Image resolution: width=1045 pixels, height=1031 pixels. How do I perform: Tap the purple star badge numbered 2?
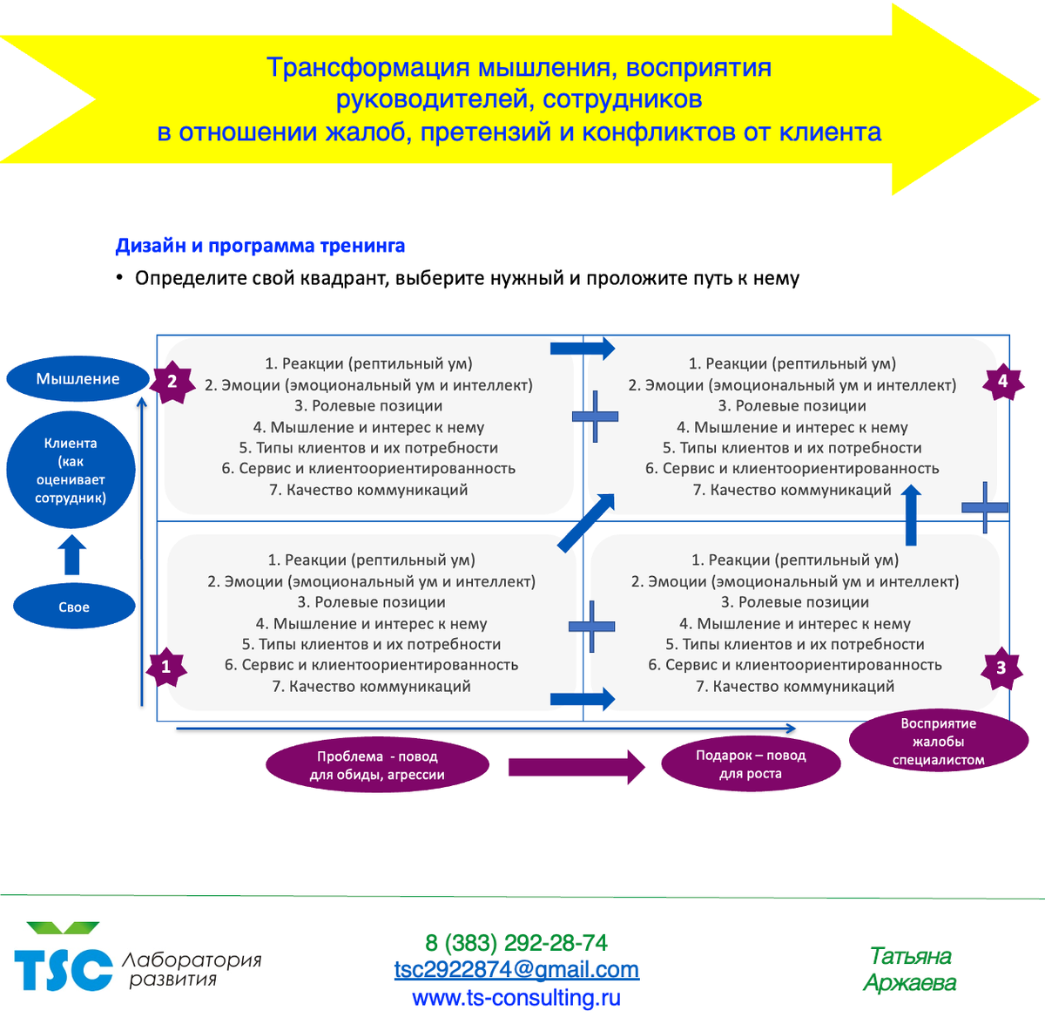point(172,381)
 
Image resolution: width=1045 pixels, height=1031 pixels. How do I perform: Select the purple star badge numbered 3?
point(1001,668)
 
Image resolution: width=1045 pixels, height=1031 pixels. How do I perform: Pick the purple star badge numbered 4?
point(1002,381)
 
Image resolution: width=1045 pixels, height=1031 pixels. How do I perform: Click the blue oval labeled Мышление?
point(78,379)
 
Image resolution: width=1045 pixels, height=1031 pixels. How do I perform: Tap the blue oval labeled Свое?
point(74,607)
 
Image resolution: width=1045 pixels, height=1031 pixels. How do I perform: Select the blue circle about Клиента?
point(71,470)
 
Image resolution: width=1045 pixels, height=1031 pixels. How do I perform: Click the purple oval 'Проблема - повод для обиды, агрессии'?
point(377,766)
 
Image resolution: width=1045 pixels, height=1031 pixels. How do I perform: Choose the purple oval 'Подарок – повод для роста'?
point(751,764)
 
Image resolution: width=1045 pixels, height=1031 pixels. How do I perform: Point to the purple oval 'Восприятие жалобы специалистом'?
point(938,742)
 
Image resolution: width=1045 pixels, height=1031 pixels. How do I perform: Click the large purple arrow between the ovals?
point(576,767)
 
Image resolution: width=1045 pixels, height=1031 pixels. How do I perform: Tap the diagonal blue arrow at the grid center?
point(586,522)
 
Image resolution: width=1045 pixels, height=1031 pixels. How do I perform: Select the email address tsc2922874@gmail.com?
point(516,970)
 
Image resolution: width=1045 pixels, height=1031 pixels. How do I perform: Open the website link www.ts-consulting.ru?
point(516,998)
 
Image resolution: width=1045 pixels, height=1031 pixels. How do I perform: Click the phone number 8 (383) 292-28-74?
point(516,943)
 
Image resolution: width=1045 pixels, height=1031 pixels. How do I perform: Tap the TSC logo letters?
point(64,967)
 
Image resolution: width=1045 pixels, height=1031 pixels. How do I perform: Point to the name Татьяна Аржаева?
point(910,969)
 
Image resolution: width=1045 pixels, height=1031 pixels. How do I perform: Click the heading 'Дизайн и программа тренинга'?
point(260,246)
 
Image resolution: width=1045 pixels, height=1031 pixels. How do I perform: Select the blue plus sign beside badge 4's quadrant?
point(985,506)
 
